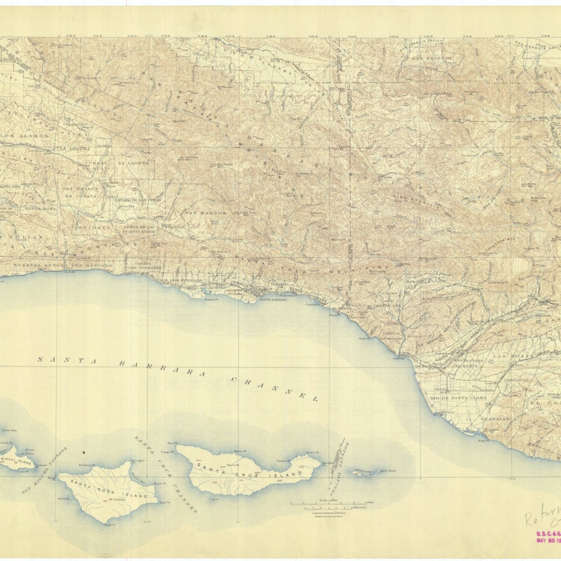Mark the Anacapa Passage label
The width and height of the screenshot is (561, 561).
click(x=343, y=457)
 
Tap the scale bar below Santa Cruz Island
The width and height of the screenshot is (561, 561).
click(x=333, y=503)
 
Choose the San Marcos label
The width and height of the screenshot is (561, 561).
click(x=205, y=212)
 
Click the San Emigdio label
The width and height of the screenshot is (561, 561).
click(x=432, y=58)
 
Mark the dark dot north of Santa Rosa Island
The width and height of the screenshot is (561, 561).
click(x=83, y=453)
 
